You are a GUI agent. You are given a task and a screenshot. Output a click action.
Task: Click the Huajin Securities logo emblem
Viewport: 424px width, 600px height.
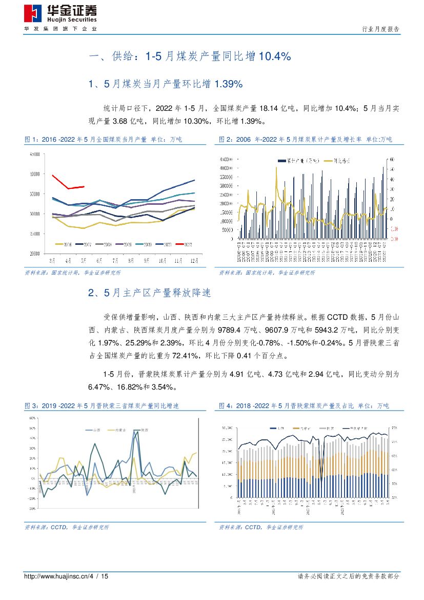pos(34,13)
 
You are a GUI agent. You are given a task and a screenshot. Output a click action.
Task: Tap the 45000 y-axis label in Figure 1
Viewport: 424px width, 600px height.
pos(35,154)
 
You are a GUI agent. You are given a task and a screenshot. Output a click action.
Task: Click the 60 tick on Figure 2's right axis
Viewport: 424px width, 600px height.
pos(392,159)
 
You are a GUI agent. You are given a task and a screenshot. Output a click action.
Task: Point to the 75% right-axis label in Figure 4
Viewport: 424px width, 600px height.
pos(394,427)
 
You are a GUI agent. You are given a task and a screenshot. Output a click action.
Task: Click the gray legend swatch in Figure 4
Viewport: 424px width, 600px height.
pos(321,428)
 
